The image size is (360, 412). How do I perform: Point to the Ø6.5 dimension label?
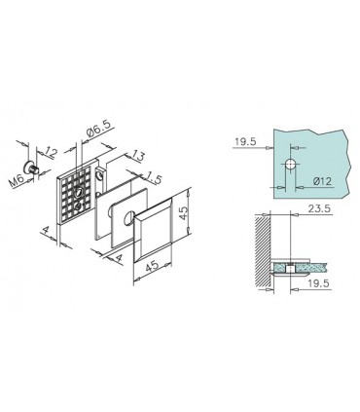click(99, 126)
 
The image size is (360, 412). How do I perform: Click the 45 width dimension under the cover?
click(152, 263)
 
